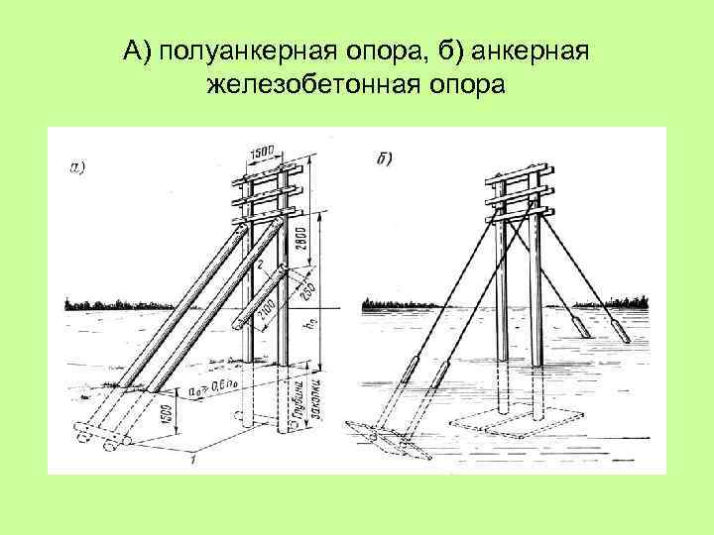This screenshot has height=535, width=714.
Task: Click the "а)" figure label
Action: coord(77,166)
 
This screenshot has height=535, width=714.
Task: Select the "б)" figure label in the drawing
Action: coord(385,157)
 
